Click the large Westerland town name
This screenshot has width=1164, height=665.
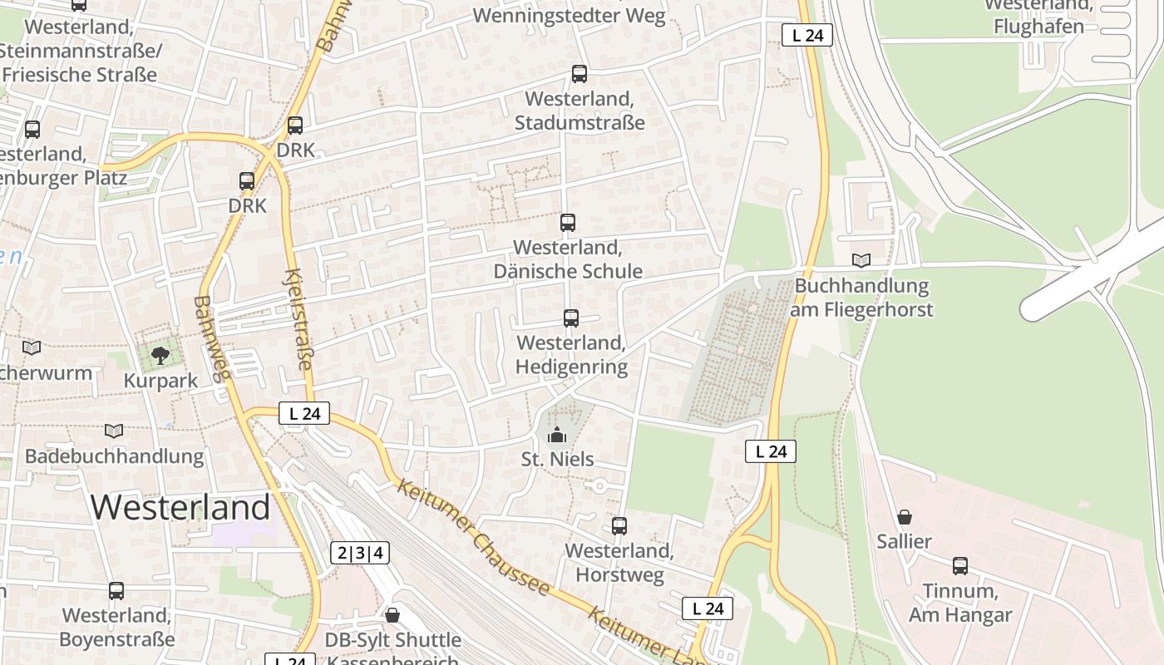coord(180,507)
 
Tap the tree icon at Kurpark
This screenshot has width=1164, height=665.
coord(160,357)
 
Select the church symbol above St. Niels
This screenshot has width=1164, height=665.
coord(557,434)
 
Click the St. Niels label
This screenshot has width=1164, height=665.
coord(557,459)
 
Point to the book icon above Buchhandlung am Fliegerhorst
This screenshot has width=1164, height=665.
coord(861,261)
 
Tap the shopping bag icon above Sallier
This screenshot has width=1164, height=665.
coord(904,517)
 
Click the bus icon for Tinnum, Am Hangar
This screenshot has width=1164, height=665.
coord(960,566)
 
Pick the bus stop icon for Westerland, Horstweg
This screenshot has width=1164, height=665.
coord(619,525)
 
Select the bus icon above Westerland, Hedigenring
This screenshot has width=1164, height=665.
coord(570,318)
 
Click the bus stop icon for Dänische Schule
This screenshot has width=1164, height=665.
coord(568,223)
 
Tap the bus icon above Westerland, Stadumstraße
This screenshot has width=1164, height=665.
coord(580,74)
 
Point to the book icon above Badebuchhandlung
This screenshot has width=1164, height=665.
coord(114,431)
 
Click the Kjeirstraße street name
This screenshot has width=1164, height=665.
coord(298,319)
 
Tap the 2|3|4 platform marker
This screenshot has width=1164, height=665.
coord(361,553)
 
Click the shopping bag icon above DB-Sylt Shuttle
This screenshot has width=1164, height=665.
coord(392,615)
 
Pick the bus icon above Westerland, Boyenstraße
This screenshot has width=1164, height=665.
coord(116,591)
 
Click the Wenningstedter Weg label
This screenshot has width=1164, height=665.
coord(569,16)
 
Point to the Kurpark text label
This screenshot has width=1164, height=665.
coord(160,381)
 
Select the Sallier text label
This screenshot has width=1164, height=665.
coord(904,542)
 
